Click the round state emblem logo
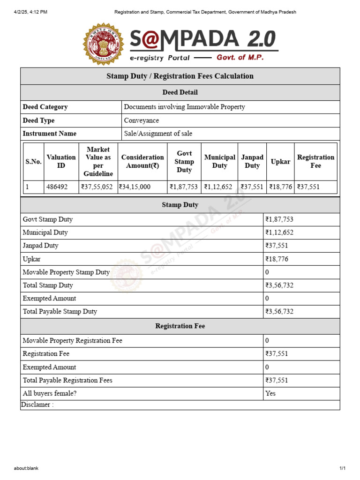[104, 44]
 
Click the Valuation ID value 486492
[57, 187]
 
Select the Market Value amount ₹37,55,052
[97, 187]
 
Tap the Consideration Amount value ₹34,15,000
[135, 187]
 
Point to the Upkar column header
[280, 162]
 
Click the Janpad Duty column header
[252, 162]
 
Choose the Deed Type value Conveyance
[142, 120]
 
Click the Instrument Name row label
[50, 134]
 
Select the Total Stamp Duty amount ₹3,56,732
[280, 285]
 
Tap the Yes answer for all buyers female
[270, 393]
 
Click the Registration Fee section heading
[180, 326]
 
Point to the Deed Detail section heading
[180, 92]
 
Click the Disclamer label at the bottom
[37, 405]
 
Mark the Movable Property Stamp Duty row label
[66, 272]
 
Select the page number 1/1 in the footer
[343, 468]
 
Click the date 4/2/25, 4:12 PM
[31, 12]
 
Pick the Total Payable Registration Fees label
[67, 380]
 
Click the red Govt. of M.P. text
[240, 57]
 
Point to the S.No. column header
[33, 162]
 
